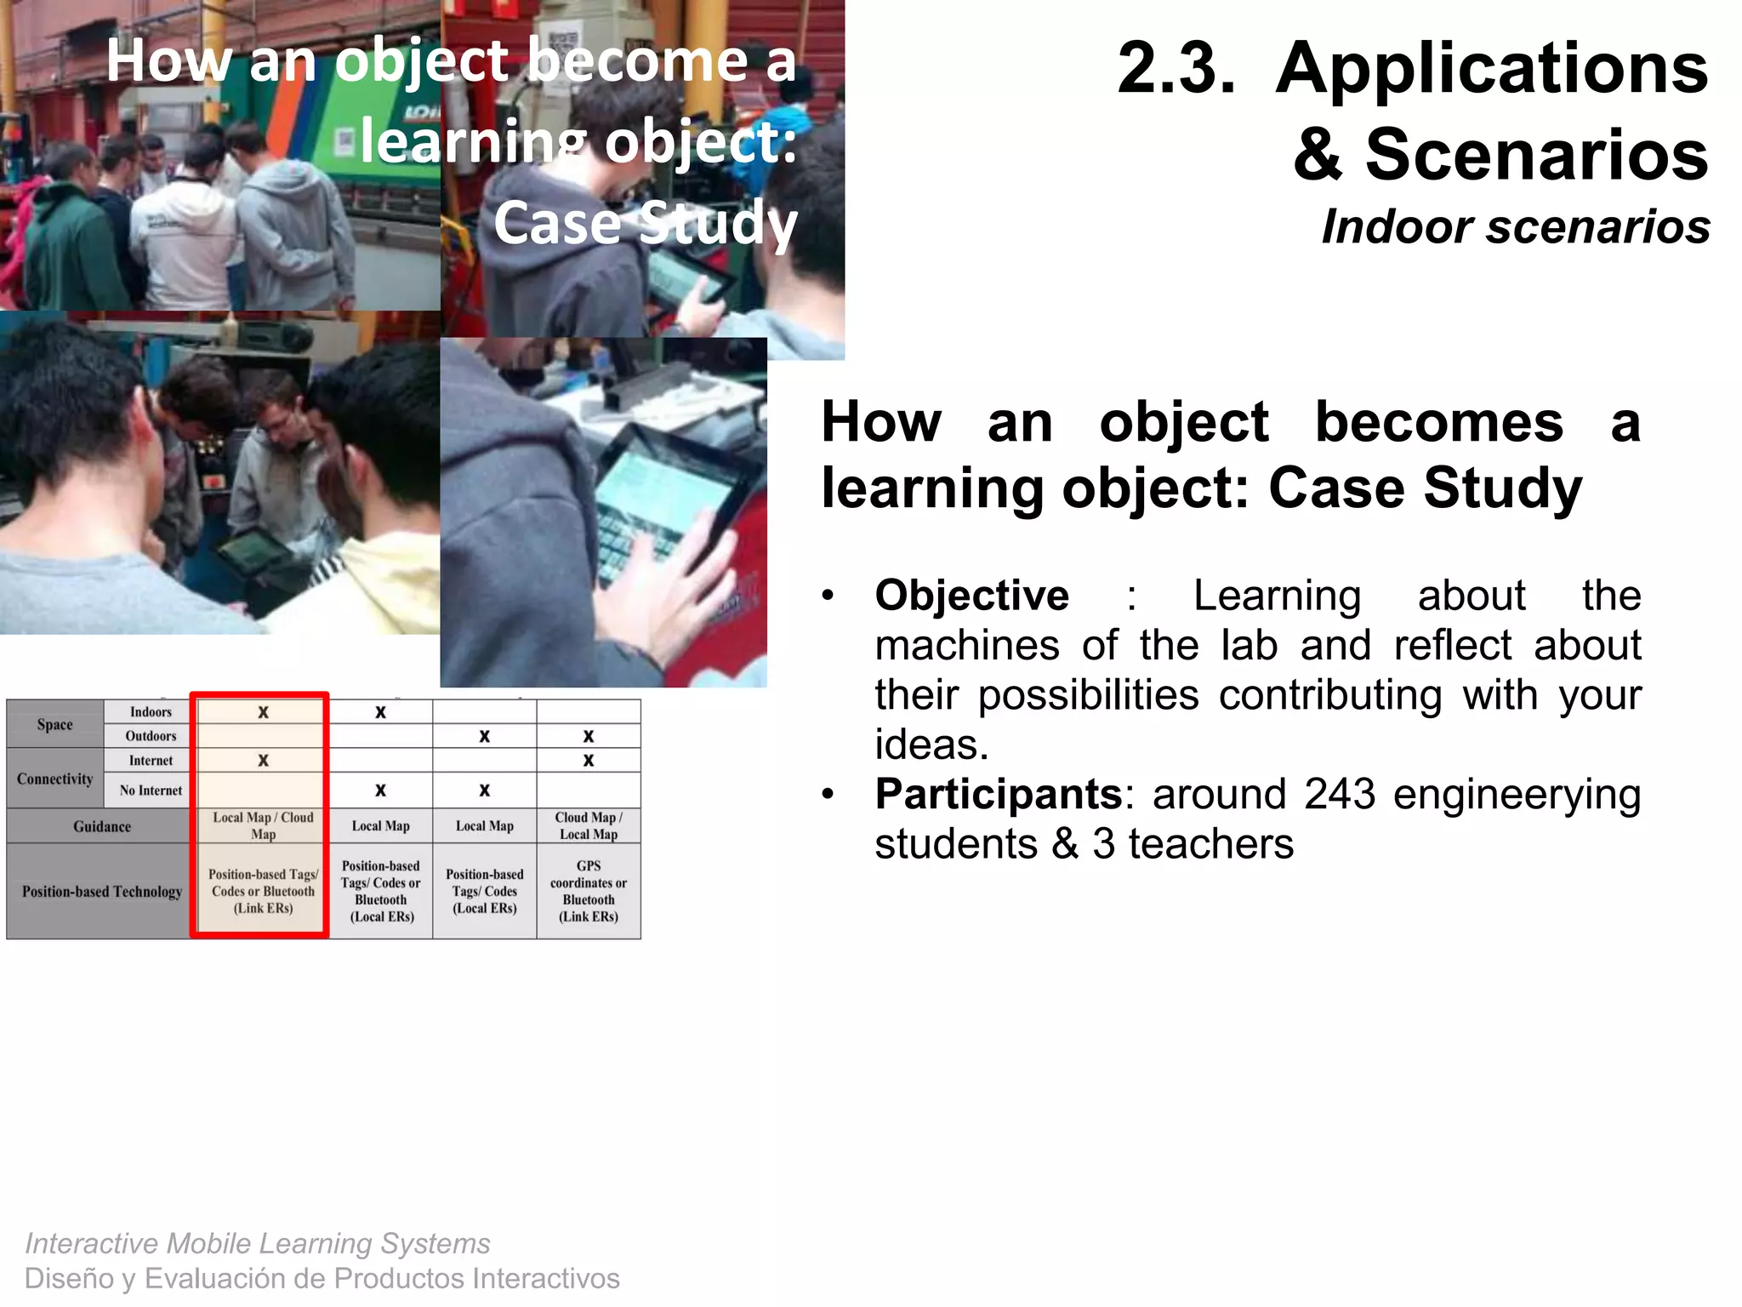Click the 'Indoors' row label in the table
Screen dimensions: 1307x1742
coord(151,711)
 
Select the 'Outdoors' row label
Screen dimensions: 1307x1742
coord(151,735)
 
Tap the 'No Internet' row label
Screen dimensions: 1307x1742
coord(151,790)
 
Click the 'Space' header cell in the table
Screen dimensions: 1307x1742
coord(54,724)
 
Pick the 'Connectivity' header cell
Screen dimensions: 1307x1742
coord(54,779)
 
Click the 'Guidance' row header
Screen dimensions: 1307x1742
coord(101,826)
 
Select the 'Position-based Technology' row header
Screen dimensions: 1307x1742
coord(101,891)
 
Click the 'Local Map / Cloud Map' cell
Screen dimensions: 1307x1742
coord(263,825)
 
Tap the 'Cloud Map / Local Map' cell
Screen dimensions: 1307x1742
coord(588,825)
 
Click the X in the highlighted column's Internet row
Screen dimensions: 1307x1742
coord(263,760)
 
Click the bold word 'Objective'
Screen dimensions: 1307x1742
coord(971,595)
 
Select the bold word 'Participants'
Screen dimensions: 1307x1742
coord(999,794)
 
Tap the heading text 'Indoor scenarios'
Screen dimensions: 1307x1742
coord(1515,227)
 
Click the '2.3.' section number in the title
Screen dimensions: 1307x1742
coord(1176,68)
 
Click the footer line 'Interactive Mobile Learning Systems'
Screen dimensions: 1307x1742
coord(257,1243)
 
